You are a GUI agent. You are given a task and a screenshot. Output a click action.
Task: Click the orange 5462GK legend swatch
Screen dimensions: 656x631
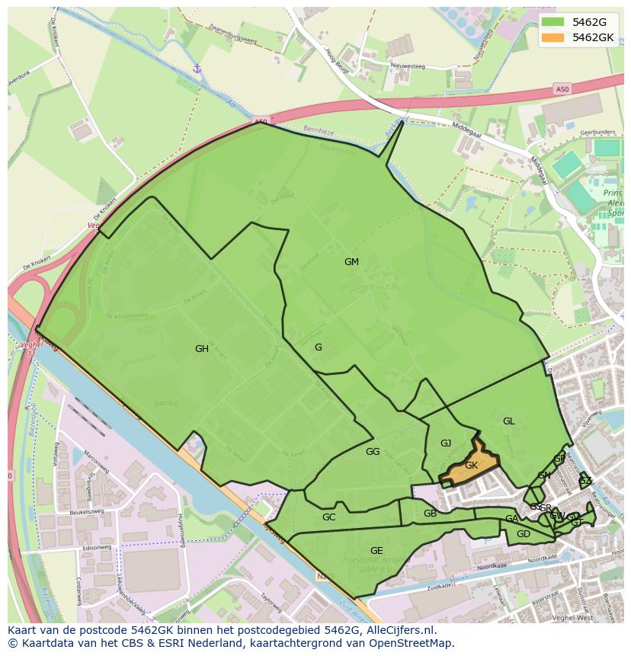pyautogui.click(x=554, y=37)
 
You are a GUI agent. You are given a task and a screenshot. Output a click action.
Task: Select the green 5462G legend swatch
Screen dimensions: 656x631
pyautogui.click(x=554, y=22)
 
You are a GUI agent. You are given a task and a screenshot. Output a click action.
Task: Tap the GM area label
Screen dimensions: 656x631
pyautogui.click(x=351, y=262)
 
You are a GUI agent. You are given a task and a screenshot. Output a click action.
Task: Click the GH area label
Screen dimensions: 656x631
pyautogui.click(x=202, y=350)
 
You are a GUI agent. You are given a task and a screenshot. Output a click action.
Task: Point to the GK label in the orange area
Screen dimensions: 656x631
pyautogui.click(x=471, y=466)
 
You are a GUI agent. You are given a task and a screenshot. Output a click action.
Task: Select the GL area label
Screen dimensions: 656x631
pyautogui.click(x=508, y=421)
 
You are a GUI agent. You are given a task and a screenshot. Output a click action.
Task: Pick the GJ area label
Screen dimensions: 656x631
pyautogui.click(x=446, y=443)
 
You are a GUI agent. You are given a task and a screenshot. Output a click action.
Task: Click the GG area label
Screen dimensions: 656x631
pyautogui.click(x=373, y=452)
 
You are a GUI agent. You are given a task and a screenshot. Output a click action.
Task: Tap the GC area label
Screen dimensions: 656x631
pyautogui.click(x=328, y=517)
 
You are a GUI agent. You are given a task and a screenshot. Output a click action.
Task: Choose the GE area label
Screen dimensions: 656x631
pyautogui.click(x=376, y=551)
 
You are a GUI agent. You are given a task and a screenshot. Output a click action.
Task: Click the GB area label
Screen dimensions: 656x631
pyautogui.click(x=431, y=514)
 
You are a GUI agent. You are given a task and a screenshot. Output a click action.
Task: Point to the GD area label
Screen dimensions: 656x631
pyautogui.click(x=524, y=534)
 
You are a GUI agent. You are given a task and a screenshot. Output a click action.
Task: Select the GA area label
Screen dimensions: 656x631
pyautogui.click(x=511, y=520)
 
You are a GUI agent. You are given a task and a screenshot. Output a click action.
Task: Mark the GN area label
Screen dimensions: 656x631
pyautogui.click(x=543, y=476)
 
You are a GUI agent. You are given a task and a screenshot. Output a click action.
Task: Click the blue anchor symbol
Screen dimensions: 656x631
pyautogui.click(x=197, y=69)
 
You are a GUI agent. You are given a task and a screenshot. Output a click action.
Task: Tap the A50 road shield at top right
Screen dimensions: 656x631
pyautogui.click(x=562, y=89)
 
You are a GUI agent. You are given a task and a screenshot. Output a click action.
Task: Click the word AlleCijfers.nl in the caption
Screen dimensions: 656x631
pyautogui.click(x=399, y=630)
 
